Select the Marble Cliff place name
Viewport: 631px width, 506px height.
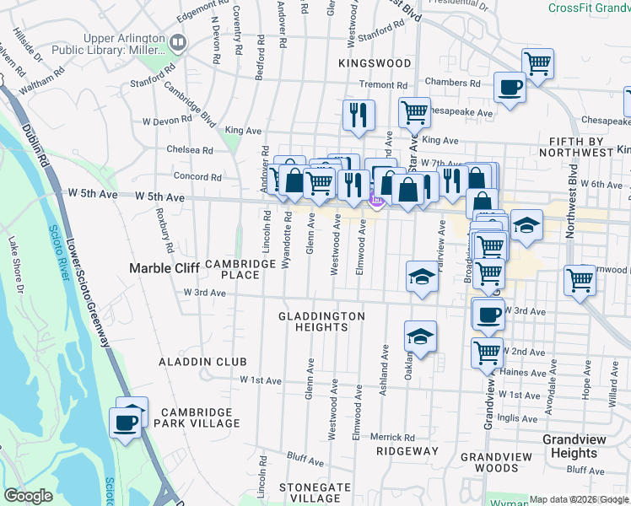pos(163,268)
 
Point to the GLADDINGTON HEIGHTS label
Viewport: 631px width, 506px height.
pos(322,322)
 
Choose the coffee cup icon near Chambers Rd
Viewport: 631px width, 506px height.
pos(510,87)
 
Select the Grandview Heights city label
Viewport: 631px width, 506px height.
pos(581,446)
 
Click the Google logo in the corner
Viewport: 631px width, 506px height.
pos(29,496)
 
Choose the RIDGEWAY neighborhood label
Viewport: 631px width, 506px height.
pos(407,451)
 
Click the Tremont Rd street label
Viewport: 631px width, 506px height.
pos(383,85)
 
